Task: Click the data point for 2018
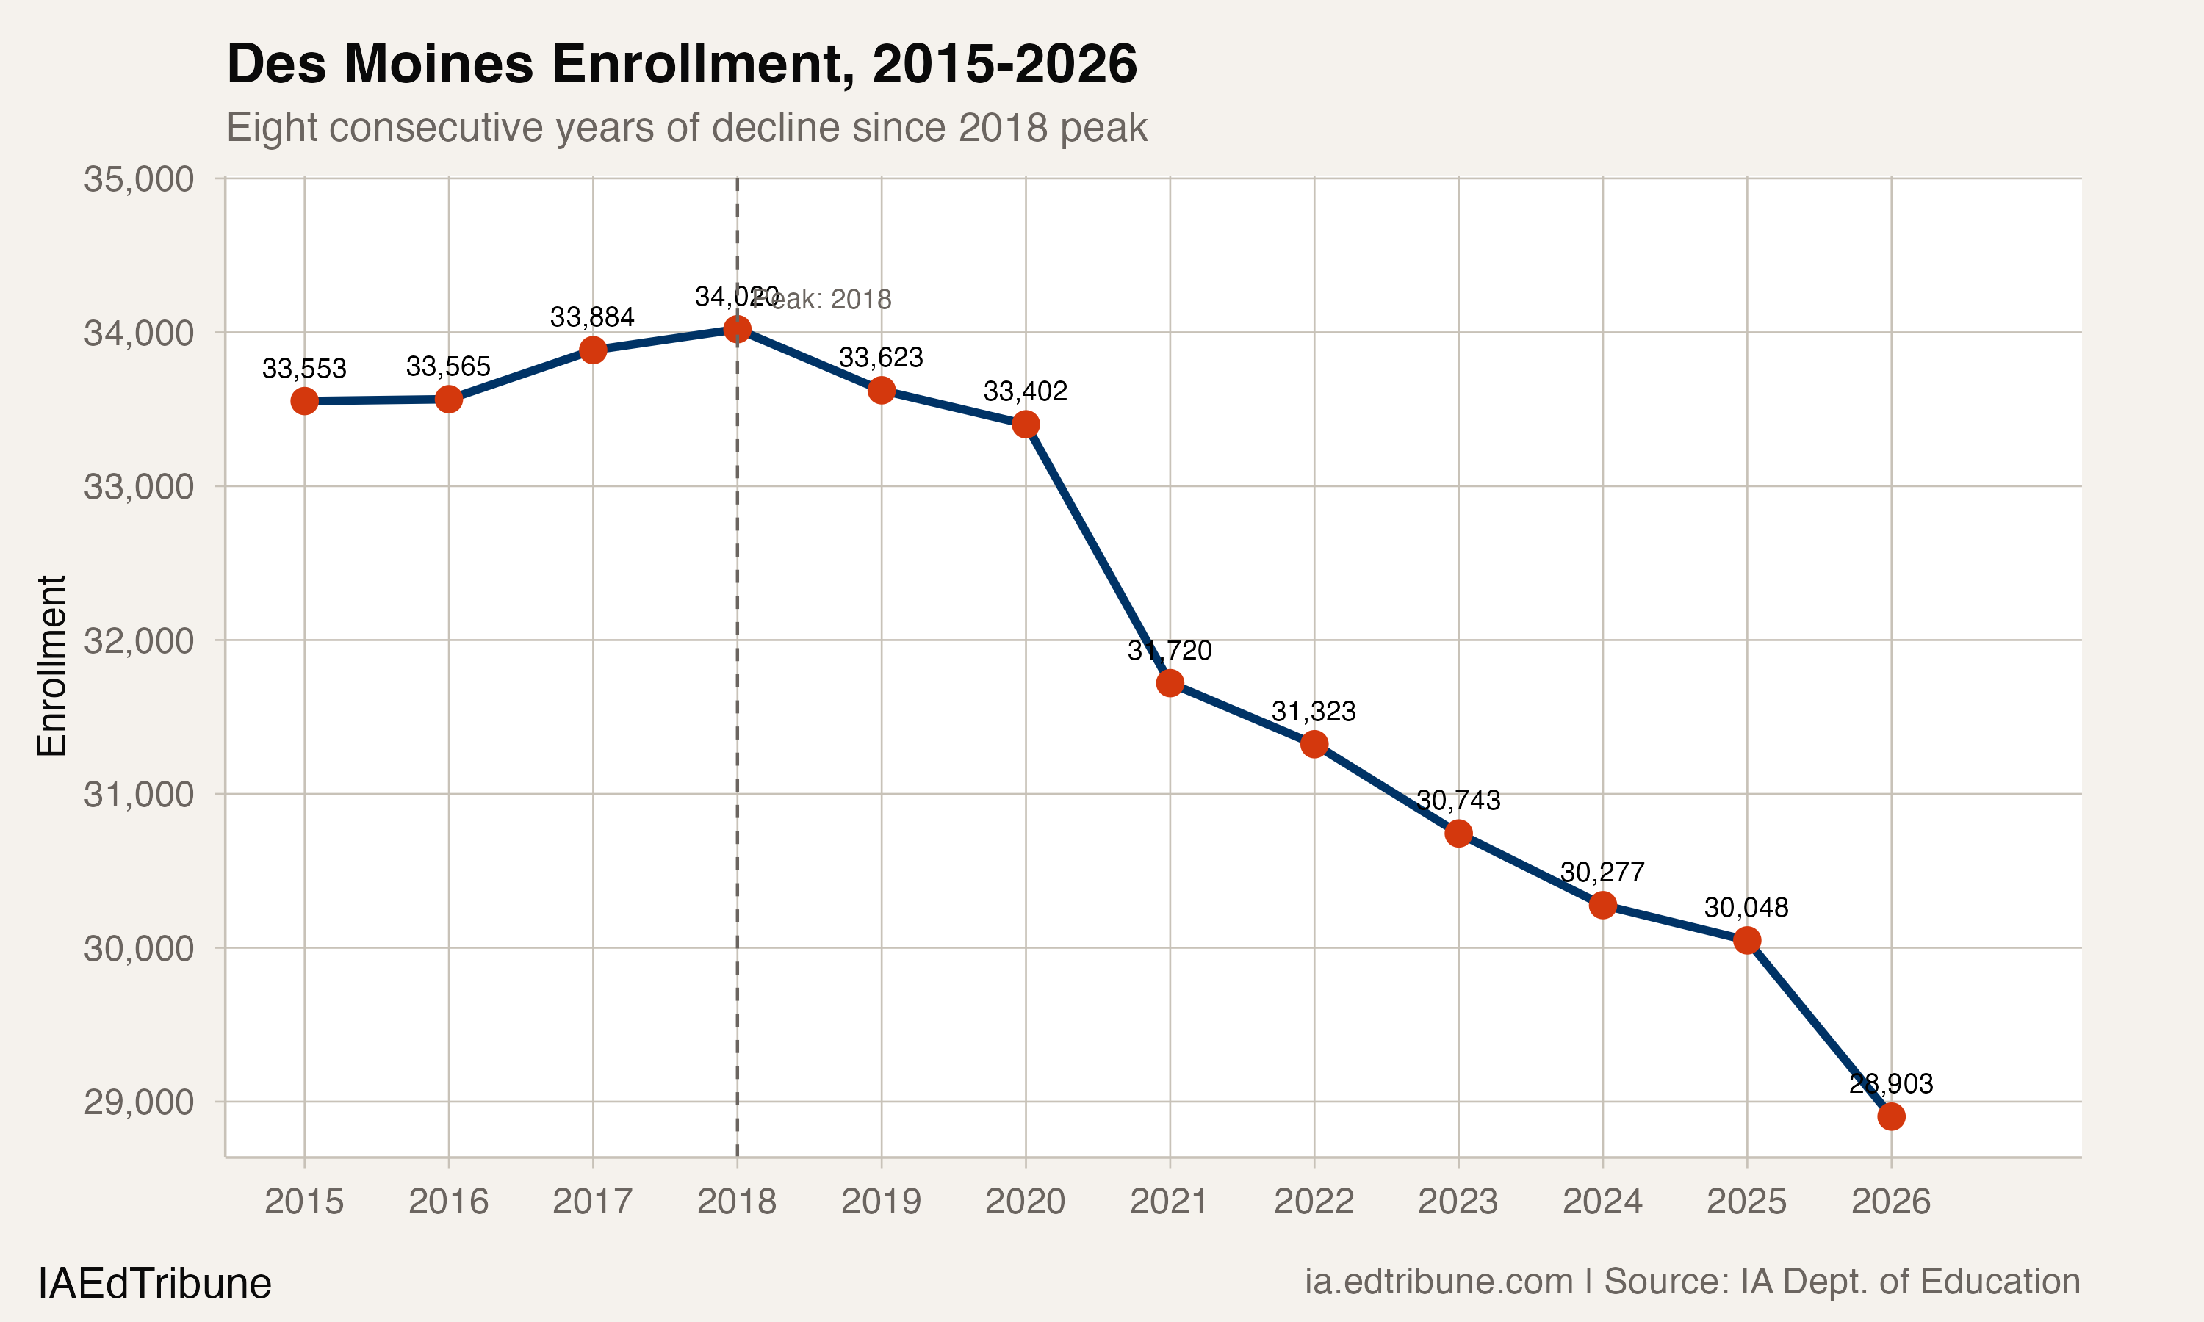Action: point(737,330)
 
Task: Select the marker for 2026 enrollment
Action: point(1890,1116)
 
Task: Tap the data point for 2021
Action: point(1170,683)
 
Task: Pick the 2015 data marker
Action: point(304,401)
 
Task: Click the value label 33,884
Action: point(591,317)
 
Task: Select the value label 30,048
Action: point(1746,908)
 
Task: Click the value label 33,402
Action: point(1025,391)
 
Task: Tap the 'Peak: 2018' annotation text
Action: point(829,300)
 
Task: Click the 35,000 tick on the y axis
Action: point(138,179)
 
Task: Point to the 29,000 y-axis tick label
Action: point(138,1102)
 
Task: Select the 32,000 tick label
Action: point(138,640)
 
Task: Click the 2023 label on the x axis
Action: point(1458,1202)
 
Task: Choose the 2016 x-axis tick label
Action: point(448,1202)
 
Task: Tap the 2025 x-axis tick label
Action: point(1746,1202)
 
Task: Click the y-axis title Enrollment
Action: point(51,665)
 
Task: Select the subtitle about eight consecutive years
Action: point(686,127)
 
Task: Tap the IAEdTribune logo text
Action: point(154,1284)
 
